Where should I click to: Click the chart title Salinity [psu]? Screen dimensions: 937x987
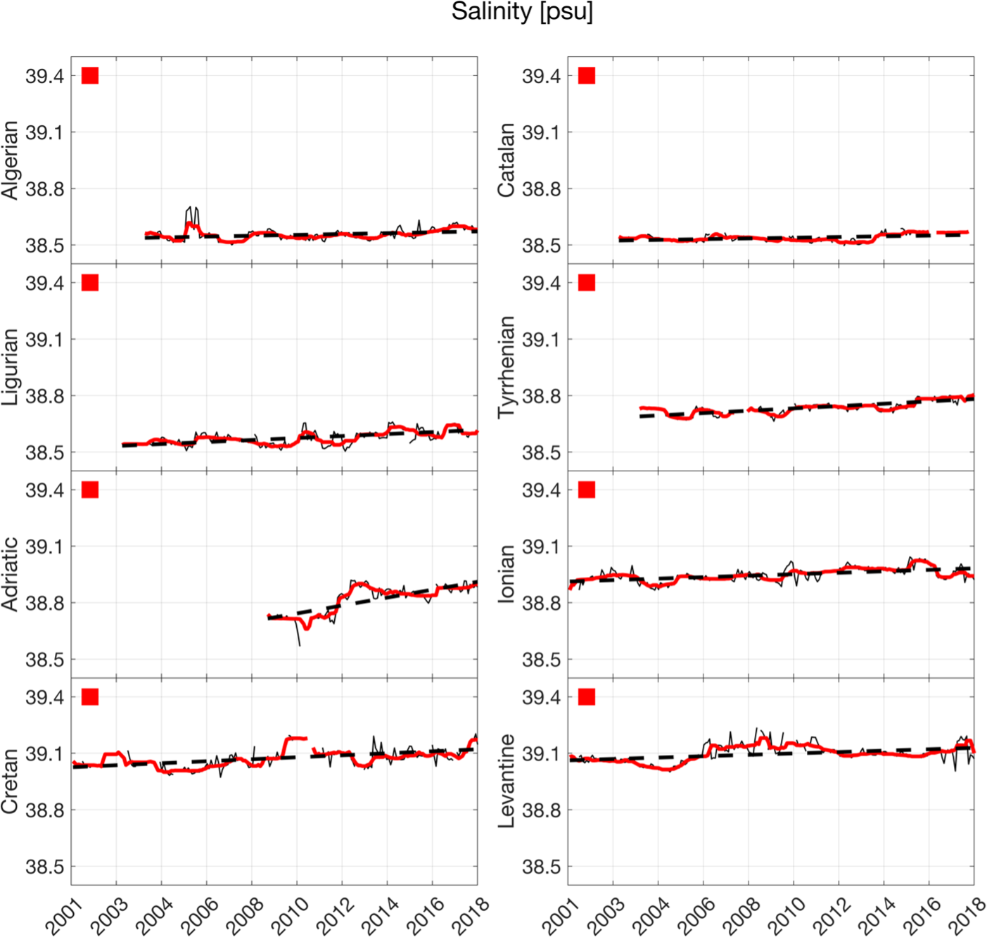522,12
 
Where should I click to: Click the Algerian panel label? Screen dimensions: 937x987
10,160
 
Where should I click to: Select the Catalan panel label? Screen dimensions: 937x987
506,160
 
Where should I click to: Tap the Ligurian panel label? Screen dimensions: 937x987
10,367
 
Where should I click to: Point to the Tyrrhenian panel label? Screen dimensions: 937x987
506,366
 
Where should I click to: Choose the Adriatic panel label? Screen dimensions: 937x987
10,574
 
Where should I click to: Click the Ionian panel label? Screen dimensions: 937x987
506,574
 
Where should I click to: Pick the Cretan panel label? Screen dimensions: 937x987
10,781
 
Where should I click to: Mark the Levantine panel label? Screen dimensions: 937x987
506,781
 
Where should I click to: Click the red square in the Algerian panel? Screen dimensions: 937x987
90,75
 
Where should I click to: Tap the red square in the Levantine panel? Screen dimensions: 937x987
587,697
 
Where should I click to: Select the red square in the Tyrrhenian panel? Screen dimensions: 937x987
587,283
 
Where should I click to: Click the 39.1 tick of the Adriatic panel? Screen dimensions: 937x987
44,547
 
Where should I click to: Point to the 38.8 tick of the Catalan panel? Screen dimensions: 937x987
541,189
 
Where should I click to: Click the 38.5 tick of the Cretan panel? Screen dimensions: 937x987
44,867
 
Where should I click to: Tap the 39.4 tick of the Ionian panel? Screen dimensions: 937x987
541,490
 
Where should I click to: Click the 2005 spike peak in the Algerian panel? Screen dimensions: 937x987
190,208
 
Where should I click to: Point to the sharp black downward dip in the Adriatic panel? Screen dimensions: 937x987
300,644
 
